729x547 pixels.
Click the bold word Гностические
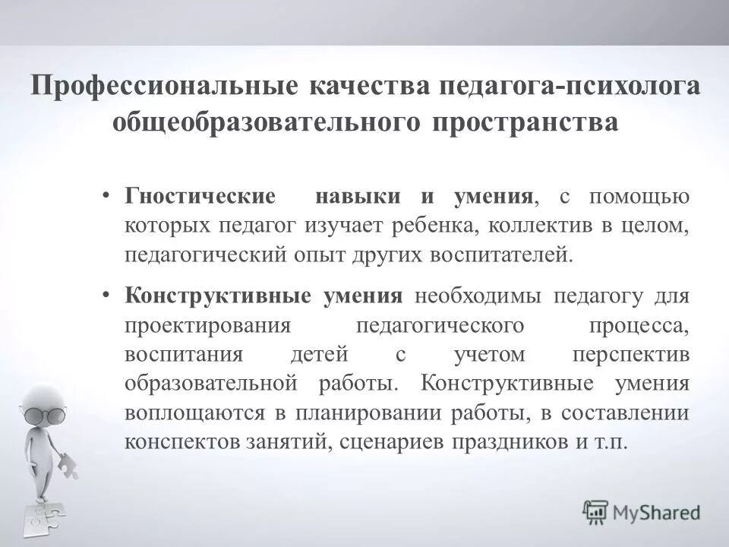[200, 197]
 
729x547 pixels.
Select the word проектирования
[209, 325]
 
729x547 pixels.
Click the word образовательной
[210, 384]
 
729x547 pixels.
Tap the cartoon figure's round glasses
[43, 414]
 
